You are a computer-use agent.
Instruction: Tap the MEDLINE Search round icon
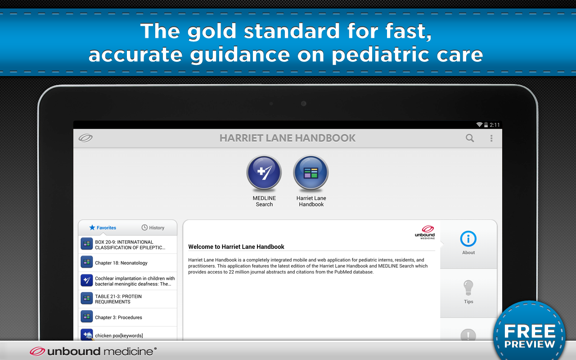tap(264, 172)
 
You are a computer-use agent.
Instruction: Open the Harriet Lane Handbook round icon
tap(311, 172)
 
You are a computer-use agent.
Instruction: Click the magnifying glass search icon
tap(470, 138)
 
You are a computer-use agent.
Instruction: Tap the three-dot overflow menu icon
tap(491, 138)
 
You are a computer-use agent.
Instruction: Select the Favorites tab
tap(103, 228)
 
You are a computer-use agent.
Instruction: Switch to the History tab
tap(153, 228)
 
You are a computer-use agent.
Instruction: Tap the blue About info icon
tap(468, 238)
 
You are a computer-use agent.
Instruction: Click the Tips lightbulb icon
tap(468, 288)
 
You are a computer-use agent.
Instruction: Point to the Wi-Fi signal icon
tap(479, 125)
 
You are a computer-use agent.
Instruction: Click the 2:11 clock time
tap(495, 125)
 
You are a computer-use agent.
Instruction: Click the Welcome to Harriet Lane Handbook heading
tap(236, 247)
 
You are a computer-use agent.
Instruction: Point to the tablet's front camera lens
tap(303, 103)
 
